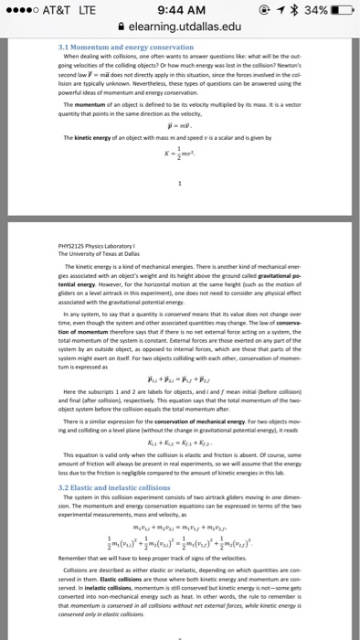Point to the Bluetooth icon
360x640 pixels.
click(282, 11)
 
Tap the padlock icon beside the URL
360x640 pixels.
click(122, 29)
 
